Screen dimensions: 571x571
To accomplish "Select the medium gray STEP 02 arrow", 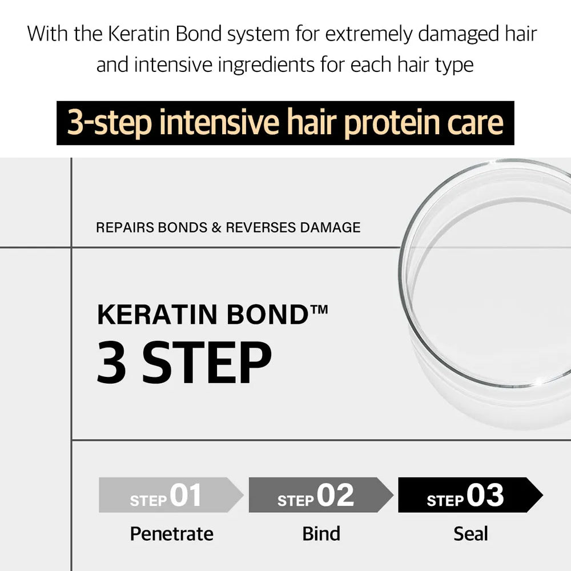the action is click(321, 495).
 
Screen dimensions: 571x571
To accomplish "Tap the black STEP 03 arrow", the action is click(470, 495).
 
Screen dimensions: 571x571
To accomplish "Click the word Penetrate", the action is click(172, 534).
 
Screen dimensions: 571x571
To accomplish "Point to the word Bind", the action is click(321, 534).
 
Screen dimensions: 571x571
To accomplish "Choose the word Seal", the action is click(471, 534).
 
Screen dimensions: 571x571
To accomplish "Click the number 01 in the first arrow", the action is click(186, 495).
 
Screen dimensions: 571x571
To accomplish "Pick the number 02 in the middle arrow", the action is click(335, 495).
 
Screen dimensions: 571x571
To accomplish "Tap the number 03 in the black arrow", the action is click(485, 495).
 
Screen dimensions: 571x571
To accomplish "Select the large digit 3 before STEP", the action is click(111, 363).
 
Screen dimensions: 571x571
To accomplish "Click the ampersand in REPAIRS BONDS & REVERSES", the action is click(216, 228).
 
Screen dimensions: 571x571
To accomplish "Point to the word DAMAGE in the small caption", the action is click(330, 228).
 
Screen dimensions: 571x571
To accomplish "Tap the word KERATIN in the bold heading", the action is click(157, 314).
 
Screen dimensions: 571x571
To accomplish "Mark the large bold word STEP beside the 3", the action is click(207, 363).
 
